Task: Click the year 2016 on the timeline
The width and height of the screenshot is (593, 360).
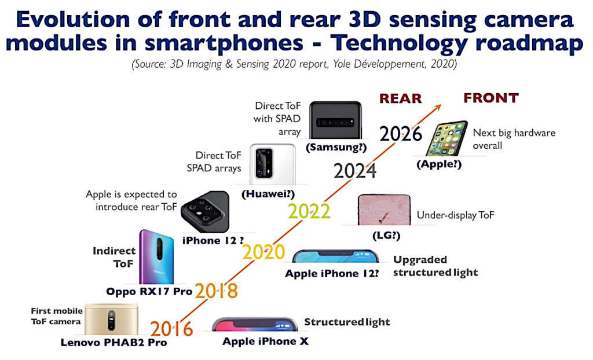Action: click(171, 329)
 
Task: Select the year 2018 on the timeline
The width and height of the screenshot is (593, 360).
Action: click(217, 291)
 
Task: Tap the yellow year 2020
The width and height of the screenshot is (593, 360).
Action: click(263, 252)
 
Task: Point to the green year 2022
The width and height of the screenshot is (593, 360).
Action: click(309, 211)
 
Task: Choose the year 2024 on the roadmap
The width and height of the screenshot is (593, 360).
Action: click(355, 171)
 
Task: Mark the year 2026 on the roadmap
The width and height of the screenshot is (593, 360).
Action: click(401, 134)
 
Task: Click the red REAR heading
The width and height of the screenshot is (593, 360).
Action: click(401, 98)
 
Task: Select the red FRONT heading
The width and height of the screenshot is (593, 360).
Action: click(491, 98)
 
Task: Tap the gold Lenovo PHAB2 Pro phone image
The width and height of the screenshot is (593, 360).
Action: click(111, 319)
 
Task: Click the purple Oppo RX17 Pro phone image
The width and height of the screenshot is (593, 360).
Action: click(156, 257)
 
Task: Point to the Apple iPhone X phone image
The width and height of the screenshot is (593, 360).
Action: click(255, 325)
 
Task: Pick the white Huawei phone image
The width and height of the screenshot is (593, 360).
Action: click(272, 164)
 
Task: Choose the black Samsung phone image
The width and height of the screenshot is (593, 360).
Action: click(335, 120)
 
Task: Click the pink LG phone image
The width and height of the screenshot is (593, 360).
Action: click(384, 210)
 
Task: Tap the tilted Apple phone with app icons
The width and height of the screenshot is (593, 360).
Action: click(446, 138)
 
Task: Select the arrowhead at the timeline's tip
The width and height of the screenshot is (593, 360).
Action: click(437, 108)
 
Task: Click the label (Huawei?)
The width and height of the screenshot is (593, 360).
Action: click(268, 194)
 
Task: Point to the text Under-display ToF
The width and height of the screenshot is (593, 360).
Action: click(455, 215)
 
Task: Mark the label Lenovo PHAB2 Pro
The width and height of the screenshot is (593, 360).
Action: click(114, 343)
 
